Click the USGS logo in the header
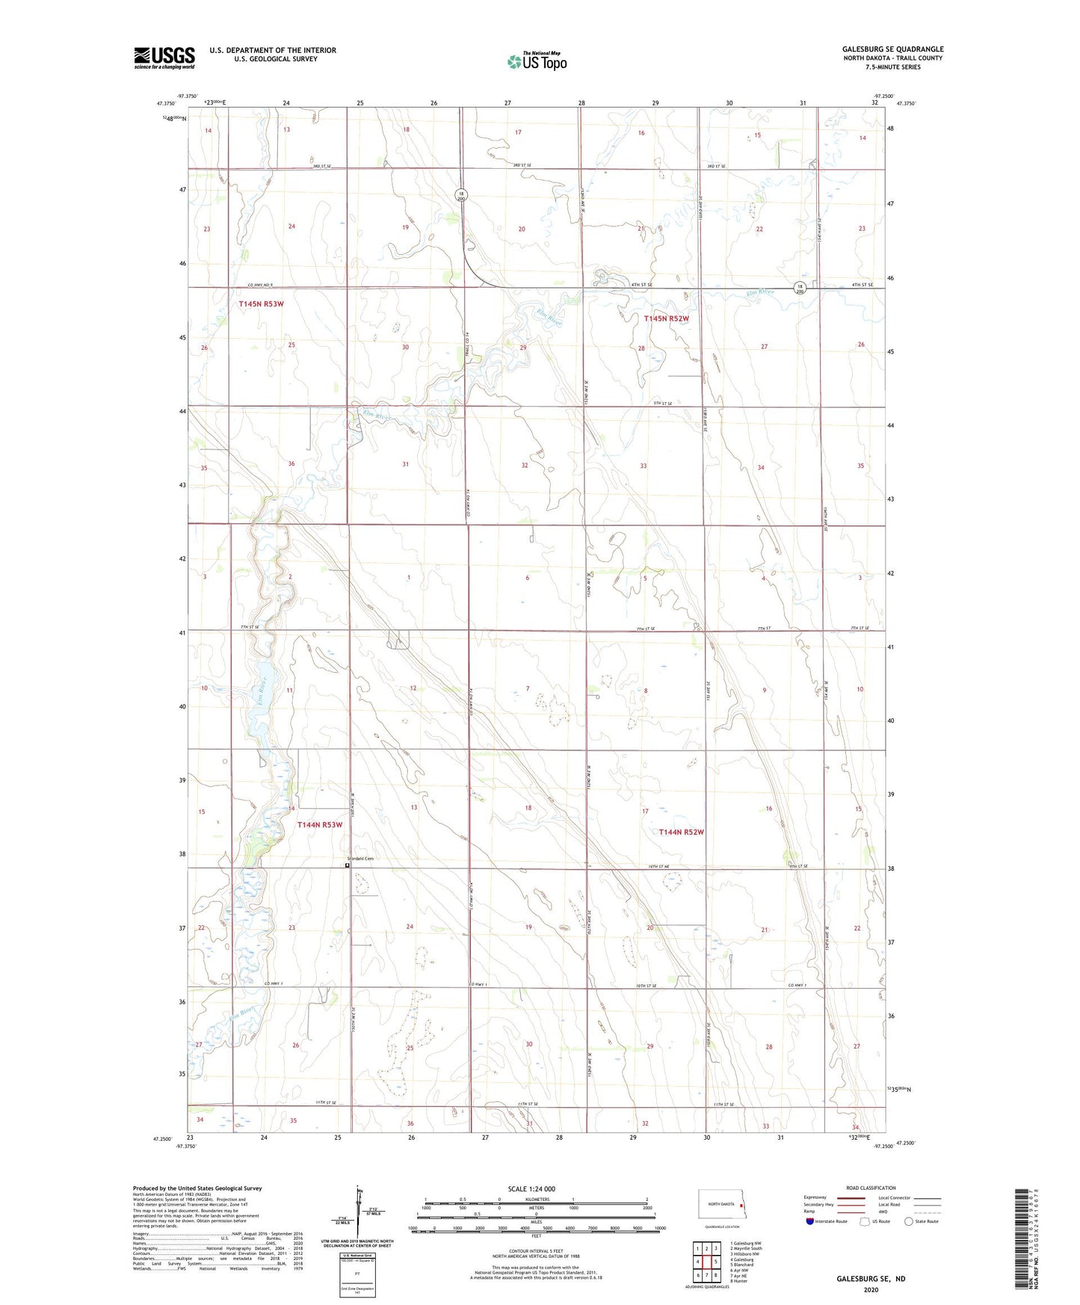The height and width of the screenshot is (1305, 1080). pyautogui.click(x=164, y=58)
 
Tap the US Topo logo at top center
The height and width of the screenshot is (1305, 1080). pyautogui.click(x=537, y=61)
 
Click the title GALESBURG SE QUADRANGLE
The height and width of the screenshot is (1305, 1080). pyautogui.click(x=892, y=49)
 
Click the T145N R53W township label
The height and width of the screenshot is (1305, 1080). pyautogui.click(x=261, y=304)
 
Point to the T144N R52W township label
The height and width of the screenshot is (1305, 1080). pyautogui.click(x=681, y=832)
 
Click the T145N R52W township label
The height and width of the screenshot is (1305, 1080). pyautogui.click(x=666, y=318)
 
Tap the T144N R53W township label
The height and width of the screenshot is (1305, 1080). pyautogui.click(x=319, y=825)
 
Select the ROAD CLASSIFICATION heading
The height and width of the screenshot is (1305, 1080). pyautogui.click(x=871, y=1188)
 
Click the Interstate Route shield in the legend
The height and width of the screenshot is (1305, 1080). pyautogui.click(x=811, y=1221)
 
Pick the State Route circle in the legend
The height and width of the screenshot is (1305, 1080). pyautogui.click(x=909, y=1221)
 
